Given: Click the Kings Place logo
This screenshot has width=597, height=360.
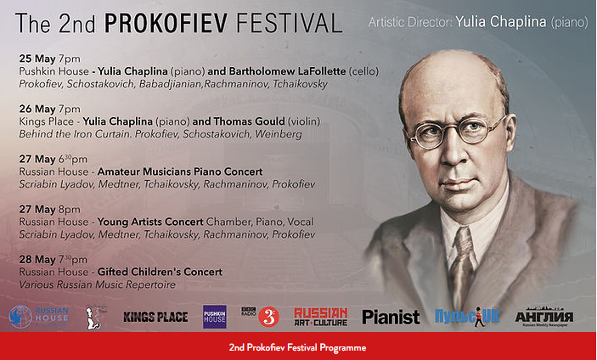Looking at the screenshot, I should point(155,318).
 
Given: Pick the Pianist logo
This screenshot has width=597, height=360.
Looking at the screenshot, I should point(391,318).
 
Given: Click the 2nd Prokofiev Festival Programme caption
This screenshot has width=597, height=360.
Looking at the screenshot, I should point(298,348).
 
